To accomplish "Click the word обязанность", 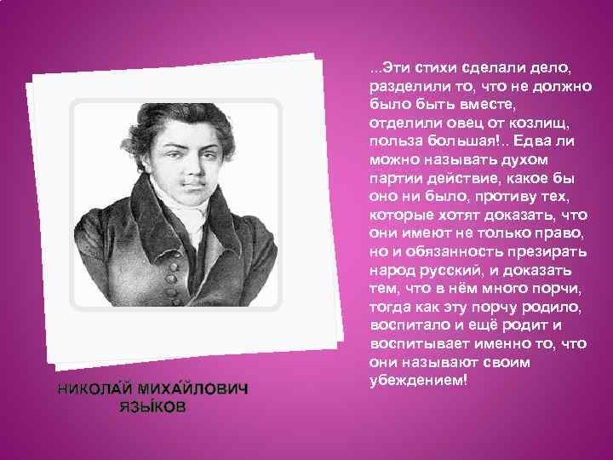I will tap(448, 254).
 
